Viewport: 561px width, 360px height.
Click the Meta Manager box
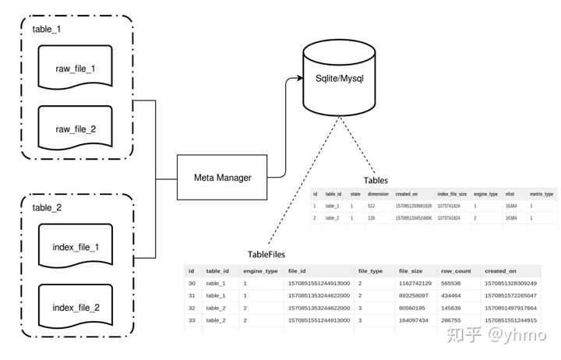(x=222, y=178)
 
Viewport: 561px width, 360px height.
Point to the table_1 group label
(x=47, y=29)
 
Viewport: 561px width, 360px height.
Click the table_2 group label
(x=47, y=208)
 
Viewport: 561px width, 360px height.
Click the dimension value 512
(x=372, y=206)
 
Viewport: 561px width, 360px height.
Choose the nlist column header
(x=510, y=193)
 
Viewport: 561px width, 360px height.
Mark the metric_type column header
(x=541, y=193)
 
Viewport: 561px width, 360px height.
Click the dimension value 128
(x=372, y=219)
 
